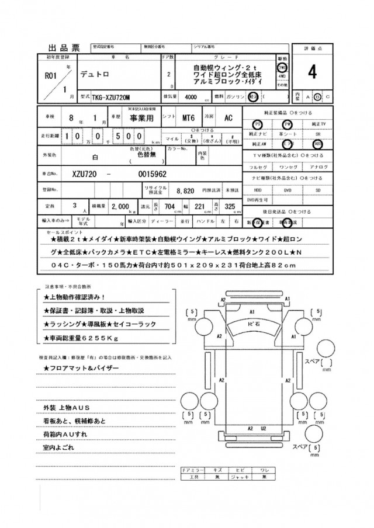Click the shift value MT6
click(188, 117)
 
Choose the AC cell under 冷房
click(228, 117)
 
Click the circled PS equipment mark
click(257, 124)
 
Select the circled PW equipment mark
click(287, 124)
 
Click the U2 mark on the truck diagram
click(264, 428)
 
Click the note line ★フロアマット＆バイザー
click(81, 367)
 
